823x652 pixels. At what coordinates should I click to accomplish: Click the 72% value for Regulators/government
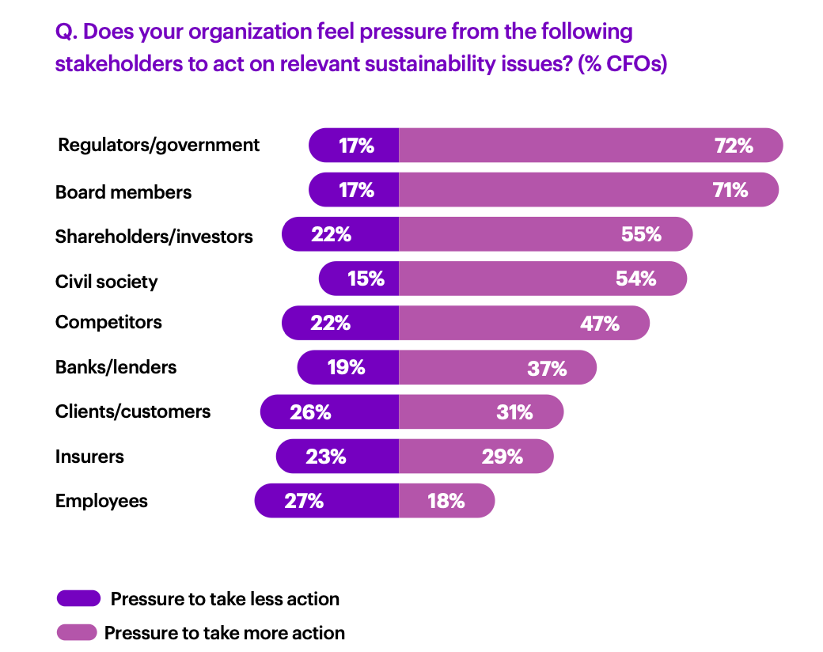[734, 146]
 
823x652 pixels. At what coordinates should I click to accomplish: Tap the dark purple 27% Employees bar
[327, 501]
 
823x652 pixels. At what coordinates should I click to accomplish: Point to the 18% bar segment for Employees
[446, 501]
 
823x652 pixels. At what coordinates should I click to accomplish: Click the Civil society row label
[107, 282]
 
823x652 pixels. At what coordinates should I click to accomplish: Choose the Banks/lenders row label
[116, 367]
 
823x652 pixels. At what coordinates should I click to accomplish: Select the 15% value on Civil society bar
[366, 279]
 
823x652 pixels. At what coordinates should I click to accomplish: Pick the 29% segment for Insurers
[476, 457]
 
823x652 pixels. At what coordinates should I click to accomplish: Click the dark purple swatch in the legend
[78, 598]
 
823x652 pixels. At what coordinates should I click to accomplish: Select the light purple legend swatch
[77, 632]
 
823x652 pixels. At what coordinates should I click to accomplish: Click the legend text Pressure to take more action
[225, 633]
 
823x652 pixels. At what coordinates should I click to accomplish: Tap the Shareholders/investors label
[154, 237]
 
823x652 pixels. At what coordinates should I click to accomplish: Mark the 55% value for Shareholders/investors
[641, 234]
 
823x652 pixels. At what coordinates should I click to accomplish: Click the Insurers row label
[89, 457]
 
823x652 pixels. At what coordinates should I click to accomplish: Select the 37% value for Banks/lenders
[547, 368]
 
